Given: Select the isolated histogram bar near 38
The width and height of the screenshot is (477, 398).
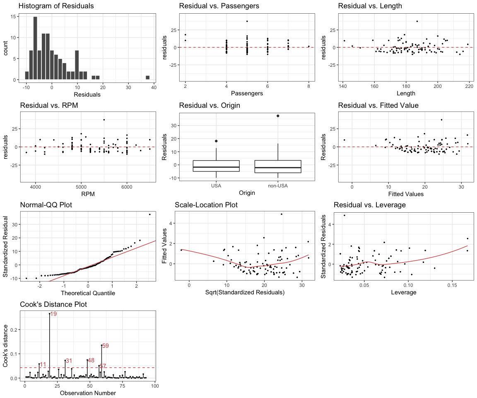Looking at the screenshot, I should (x=147, y=78).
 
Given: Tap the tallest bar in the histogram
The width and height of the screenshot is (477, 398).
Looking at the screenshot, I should (x=35, y=48).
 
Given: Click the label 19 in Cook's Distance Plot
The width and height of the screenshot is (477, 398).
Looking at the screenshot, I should (x=53, y=314).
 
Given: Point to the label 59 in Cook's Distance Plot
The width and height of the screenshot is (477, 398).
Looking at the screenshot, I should (x=106, y=346).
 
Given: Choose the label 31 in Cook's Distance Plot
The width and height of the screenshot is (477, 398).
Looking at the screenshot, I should (x=69, y=361).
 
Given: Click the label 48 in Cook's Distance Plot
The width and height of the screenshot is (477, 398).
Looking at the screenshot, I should (x=92, y=361).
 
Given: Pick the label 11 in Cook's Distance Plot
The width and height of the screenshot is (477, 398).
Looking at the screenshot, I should (x=43, y=364).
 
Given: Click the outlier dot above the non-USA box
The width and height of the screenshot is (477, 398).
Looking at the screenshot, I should (x=277, y=116).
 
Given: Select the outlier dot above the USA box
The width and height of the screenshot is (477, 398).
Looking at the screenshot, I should (x=216, y=141).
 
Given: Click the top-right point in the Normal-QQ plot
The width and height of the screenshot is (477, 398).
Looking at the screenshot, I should (x=149, y=214).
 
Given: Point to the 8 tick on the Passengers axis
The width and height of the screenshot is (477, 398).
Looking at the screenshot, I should (x=309, y=86).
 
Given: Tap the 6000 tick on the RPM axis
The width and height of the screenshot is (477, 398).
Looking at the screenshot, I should (x=127, y=186).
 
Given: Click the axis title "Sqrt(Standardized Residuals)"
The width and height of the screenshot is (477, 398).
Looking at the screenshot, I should (x=244, y=293).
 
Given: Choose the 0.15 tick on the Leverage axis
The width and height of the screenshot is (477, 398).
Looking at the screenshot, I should (x=452, y=285).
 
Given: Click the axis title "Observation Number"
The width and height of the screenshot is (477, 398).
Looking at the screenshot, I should (x=88, y=393).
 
